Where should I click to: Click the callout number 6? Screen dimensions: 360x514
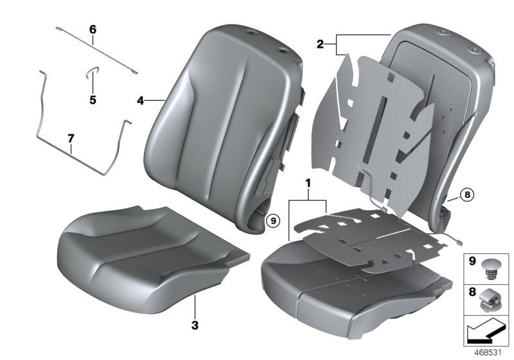(x=92, y=30)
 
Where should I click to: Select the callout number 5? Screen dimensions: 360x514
(x=93, y=100)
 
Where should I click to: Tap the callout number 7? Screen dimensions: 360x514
(x=71, y=138)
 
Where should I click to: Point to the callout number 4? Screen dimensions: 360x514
(x=140, y=100)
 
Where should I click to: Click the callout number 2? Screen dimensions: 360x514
(x=320, y=44)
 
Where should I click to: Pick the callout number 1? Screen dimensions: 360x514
(x=308, y=184)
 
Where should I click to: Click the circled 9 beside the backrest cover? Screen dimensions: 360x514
(x=272, y=220)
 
